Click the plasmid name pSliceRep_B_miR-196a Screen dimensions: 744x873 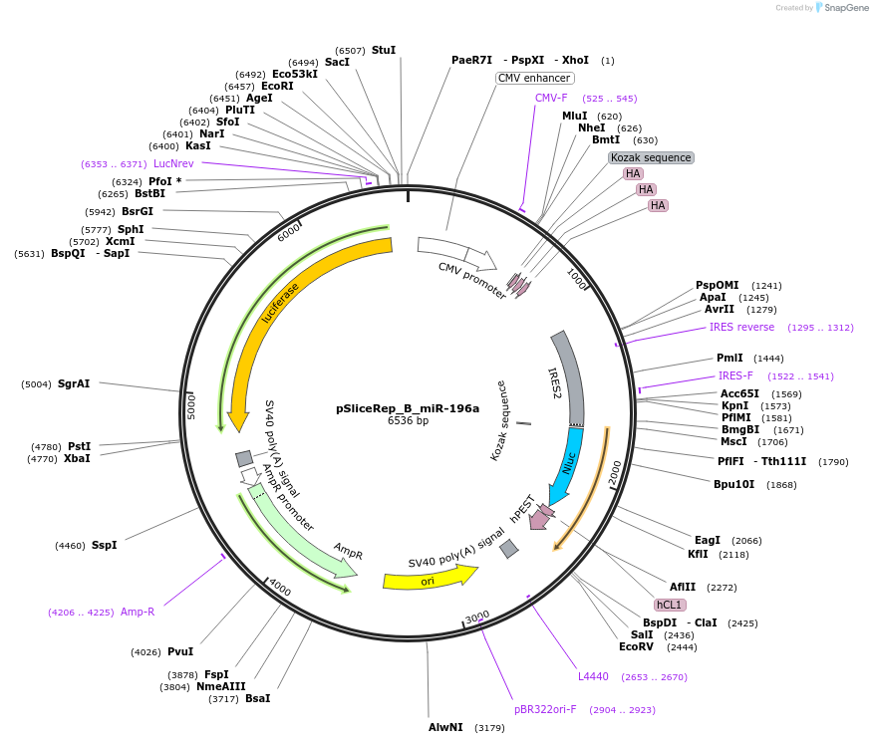tap(407, 408)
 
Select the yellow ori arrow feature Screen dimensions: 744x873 tap(429, 579)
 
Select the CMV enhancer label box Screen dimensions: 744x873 tap(534, 78)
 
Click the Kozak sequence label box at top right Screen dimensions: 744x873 tap(651, 157)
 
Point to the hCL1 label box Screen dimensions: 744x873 tap(668, 605)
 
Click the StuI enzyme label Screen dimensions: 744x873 tap(384, 50)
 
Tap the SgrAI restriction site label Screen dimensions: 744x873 tap(74, 383)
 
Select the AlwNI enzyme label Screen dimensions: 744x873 tap(445, 727)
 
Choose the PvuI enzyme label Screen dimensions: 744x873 tap(180, 651)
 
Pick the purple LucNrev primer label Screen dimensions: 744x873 tap(173, 163)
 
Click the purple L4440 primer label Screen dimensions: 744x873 tap(593, 676)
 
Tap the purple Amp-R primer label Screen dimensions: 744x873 tap(138, 612)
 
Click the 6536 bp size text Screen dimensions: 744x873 tap(407, 421)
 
